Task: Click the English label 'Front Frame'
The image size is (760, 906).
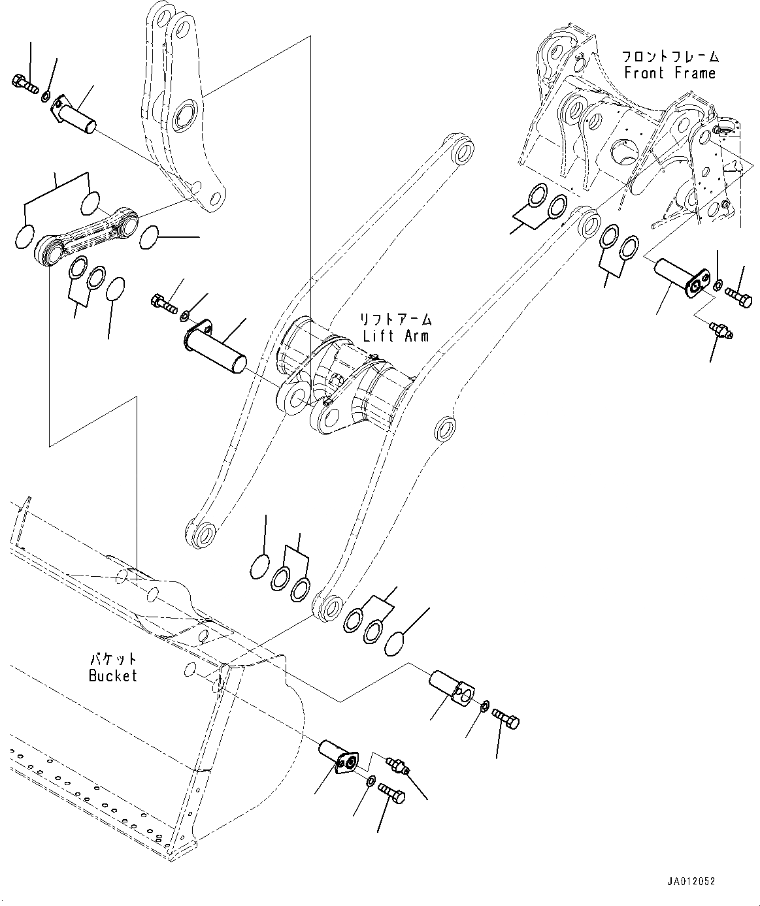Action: tap(670, 73)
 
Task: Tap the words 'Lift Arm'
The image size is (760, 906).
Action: tap(396, 336)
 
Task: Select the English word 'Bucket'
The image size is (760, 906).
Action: tap(113, 676)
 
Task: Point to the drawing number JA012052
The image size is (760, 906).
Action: tap(691, 881)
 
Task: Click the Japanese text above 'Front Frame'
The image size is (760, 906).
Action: tap(670, 56)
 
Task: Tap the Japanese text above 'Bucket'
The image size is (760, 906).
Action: tap(113, 659)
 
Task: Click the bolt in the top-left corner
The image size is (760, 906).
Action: tap(24, 83)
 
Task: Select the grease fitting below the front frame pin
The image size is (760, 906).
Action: tap(721, 330)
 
